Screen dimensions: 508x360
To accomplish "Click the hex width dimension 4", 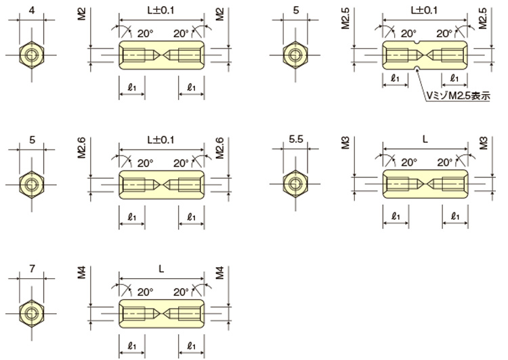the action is click(x=32, y=10).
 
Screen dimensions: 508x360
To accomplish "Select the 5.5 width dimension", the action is click(x=296, y=139).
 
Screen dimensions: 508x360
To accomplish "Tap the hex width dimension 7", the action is click(x=32, y=269).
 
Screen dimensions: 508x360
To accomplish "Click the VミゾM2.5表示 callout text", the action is click(x=458, y=96).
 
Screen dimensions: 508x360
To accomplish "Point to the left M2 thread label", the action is click(x=82, y=15).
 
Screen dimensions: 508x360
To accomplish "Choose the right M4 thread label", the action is click(x=220, y=273).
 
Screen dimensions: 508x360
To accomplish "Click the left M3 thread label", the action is click(x=345, y=143).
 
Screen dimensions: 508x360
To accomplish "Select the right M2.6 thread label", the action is click(x=220, y=148).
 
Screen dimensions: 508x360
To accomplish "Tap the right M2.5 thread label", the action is click(x=483, y=18).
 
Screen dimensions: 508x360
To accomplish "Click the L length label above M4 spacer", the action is click(x=161, y=269).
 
